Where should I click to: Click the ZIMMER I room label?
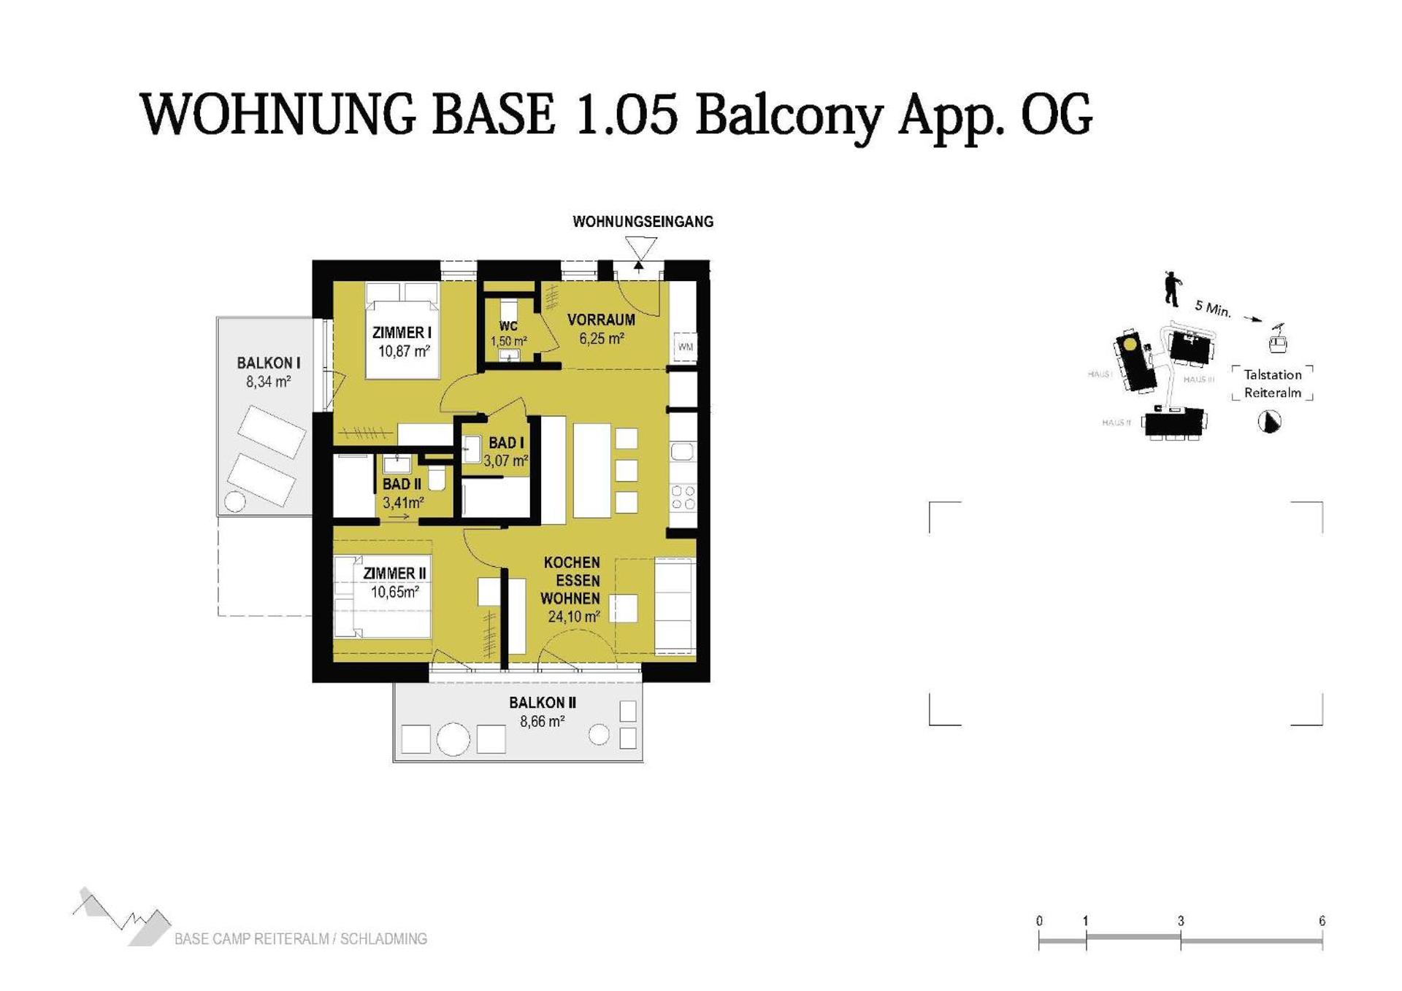402,333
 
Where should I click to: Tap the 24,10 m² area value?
574,617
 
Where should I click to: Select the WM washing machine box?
685,347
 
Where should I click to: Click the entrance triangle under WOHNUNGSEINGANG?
640,249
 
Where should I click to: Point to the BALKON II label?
543,703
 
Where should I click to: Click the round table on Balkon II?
453,739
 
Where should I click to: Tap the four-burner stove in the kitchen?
683,498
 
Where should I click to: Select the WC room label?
508,326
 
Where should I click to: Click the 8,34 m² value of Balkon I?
268,382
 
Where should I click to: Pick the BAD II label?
402,484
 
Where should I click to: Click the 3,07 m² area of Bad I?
505,461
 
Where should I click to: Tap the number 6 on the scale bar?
1322,921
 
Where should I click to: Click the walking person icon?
1172,289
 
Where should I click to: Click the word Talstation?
1273,374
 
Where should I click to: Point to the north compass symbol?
1270,422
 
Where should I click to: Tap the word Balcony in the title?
789,115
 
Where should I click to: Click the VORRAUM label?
601,320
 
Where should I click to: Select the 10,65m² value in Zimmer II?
394,592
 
